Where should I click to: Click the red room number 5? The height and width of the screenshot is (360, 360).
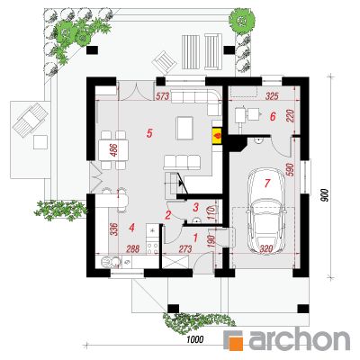pyautogui.click(x=149, y=132)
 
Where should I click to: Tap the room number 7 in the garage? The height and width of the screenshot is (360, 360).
pyautogui.click(x=267, y=183)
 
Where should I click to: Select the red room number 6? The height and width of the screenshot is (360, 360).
pyautogui.click(x=273, y=116)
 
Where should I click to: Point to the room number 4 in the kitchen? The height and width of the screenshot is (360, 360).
pyautogui.click(x=131, y=228)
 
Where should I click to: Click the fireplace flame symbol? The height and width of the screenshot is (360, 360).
pyautogui.click(x=216, y=135)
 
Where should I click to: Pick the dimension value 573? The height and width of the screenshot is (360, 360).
pyautogui.click(x=163, y=96)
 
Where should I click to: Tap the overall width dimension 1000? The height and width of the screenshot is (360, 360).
pyautogui.click(x=195, y=339)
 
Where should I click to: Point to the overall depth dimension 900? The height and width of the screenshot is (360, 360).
pyautogui.click(x=325, y=196)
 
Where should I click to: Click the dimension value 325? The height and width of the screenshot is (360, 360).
pyautogui.click(x=273, y=96)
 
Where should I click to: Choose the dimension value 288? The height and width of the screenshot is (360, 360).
pyautogui.click(x=133, y=248)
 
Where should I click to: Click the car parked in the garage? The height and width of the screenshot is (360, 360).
pyautogui.click(x=265, y=209)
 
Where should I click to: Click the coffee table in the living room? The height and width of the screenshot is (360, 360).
pyautogui.click(x=184, y=128)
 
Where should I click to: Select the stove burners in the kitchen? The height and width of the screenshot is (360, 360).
pyautogui.click(x=152, y=247)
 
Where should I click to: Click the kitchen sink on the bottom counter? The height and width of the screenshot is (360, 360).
pyautogui.click(x=110, y=262)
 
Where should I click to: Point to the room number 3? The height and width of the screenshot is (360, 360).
pyautogui.click(x=196, y=207)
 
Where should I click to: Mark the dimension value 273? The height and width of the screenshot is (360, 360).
pyautogui.click(x=185, y=248)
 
